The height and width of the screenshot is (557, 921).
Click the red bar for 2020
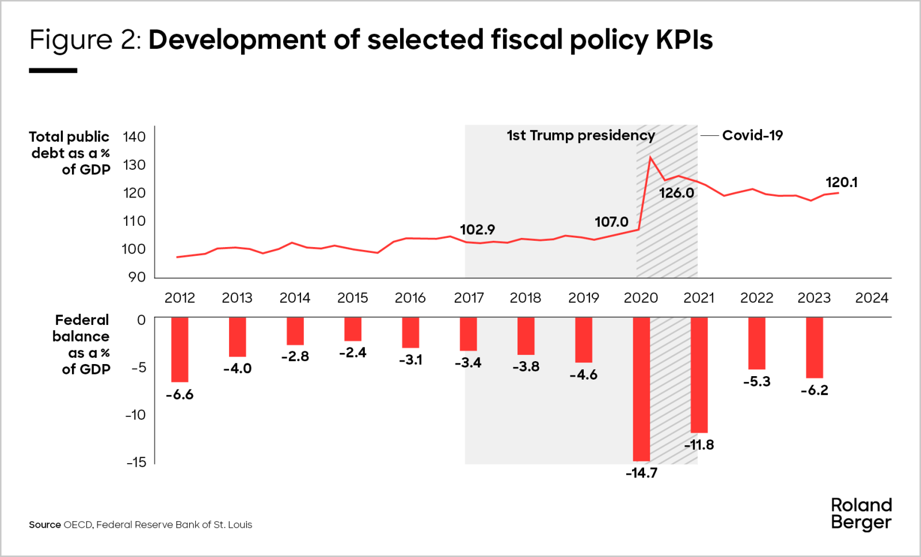pyautogui.click(x=641, y=389)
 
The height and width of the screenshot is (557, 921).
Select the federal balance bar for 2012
pyautogui.click(x=180, y=349)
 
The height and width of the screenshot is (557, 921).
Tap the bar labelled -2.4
pyautogui.click(x=353, y=329)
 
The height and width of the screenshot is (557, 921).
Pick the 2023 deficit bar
pyautogui.click(x=814, y=347)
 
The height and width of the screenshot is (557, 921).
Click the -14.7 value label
pyautogui.click(x=641, y=473)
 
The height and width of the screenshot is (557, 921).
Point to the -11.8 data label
pyautogui.click(x=699, y=445)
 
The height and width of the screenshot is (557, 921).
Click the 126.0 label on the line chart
pyautogui.click(x=676, y=193)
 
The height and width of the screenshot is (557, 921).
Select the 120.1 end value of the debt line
pyautogui.click(x=841, y=183)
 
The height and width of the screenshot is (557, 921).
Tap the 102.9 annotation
pyautogui.click(x=477, y=230)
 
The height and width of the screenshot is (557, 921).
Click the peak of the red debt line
pyautogui.click(x=650, y=157)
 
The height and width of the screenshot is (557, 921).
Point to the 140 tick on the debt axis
pyautogui.click(x=134, y=137)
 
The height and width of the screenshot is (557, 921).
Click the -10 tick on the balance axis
pyautogui.click(x=136, y=415)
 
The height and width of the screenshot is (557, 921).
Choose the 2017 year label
pyautogui.click(x=469, y=298)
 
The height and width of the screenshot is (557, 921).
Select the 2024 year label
pyautogui.click(x=871, y=298)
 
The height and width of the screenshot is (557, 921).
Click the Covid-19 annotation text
pyautogui.click(x=752, y=135)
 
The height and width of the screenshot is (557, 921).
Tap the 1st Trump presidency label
pyautogui.click(x=580, y=135)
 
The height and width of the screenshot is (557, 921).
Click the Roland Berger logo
pyautogui.click(x=861, y=514)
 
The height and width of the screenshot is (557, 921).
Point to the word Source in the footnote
pyautogui.click(x=45, y=525)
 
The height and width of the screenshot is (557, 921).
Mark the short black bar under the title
pyautogui.click(x=53, y=70)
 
